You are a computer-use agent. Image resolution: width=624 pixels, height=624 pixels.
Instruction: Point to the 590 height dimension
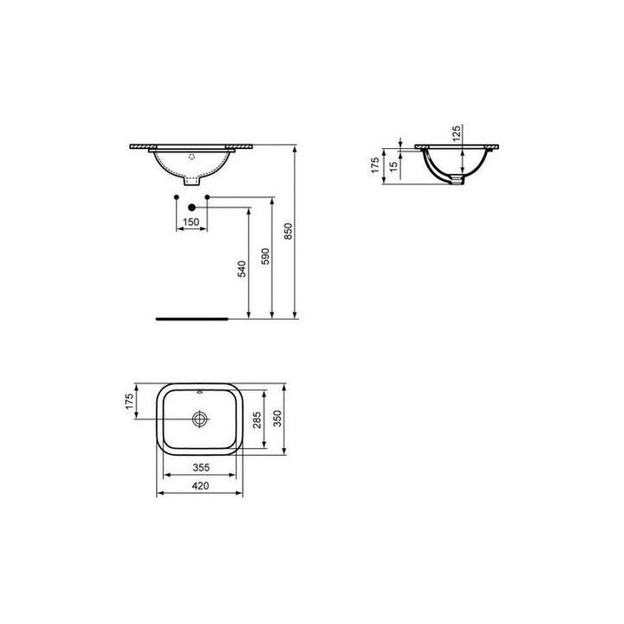coord(267,256)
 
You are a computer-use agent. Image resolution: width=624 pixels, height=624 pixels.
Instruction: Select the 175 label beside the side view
coord(377,165)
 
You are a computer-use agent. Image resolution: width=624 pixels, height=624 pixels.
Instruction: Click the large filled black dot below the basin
coord(192,207)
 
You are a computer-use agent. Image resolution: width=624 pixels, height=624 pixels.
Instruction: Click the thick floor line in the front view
coord(191,318)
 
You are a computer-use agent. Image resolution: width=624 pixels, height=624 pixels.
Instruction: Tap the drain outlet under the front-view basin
coord(192,182)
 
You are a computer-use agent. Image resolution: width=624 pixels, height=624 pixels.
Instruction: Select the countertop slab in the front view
coord(192,146)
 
